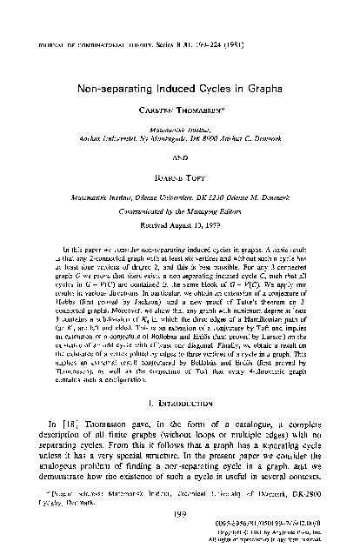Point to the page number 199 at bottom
pos(179,513)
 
